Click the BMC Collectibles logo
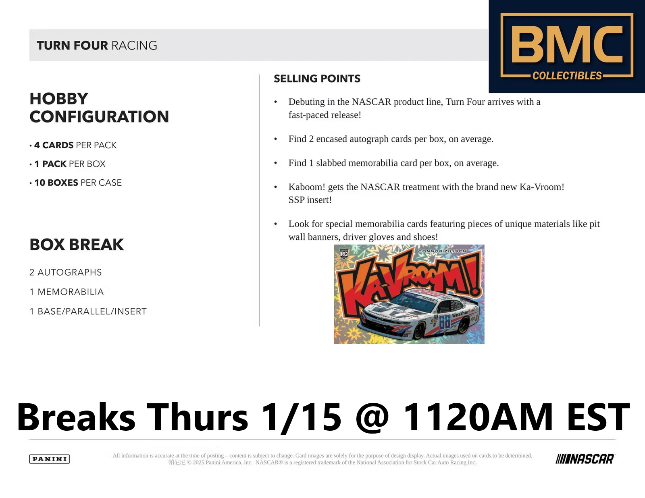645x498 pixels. coord(567,46)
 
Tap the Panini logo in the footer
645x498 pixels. coord(50,459)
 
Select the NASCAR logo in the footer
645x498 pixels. coord(585,459)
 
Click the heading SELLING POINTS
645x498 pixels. coord(317,79)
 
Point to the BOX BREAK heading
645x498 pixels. coord(77,245)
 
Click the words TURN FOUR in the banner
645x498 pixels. coord(72,46)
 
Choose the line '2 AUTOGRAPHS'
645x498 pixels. coord(66,272)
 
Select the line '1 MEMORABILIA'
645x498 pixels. coord(67,292)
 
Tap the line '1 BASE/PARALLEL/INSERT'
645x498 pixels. coord(88,311)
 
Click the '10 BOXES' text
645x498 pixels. coord(56,183)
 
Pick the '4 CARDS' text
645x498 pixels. coord(54,145)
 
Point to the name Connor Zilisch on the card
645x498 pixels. coord(442,251)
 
